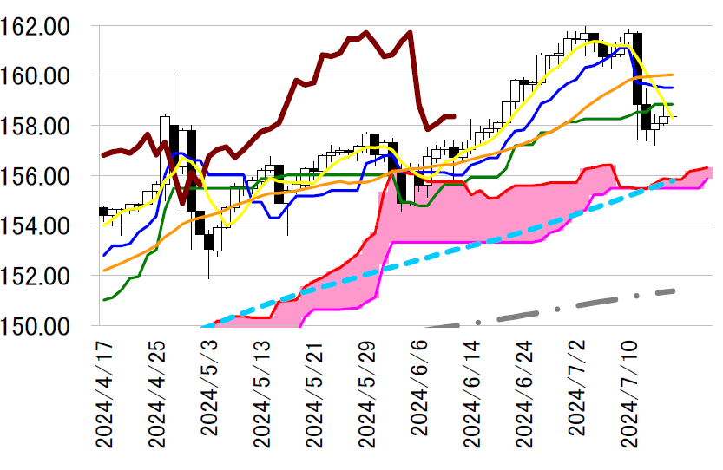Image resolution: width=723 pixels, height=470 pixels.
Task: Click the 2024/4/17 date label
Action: pos(104,394)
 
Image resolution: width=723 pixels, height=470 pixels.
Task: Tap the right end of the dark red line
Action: pos(454,116)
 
